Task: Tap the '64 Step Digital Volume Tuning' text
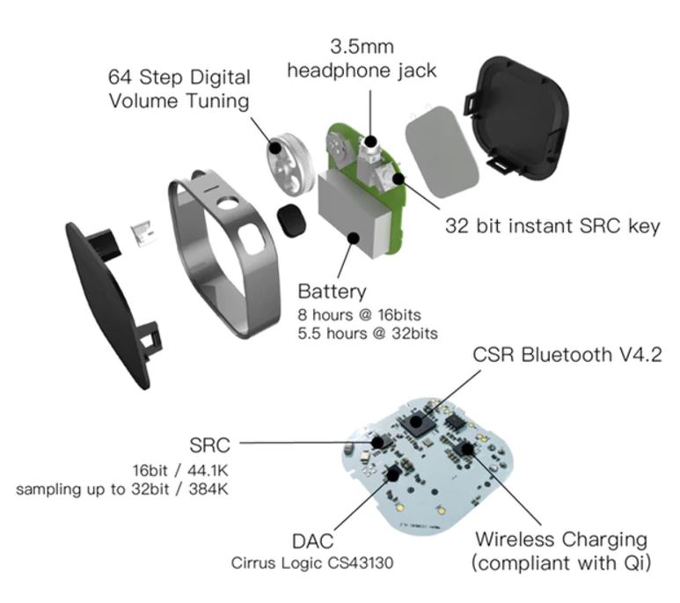coord(179,89)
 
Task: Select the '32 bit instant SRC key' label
coord(552,226)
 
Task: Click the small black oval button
coord(289,219)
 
